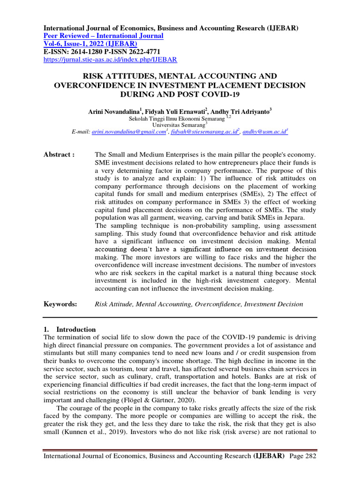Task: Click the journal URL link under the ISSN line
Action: pos(110,60)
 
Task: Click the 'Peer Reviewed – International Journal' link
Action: pos(103,36)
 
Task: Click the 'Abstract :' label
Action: pos(59,155)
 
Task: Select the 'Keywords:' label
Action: pos(60,304)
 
